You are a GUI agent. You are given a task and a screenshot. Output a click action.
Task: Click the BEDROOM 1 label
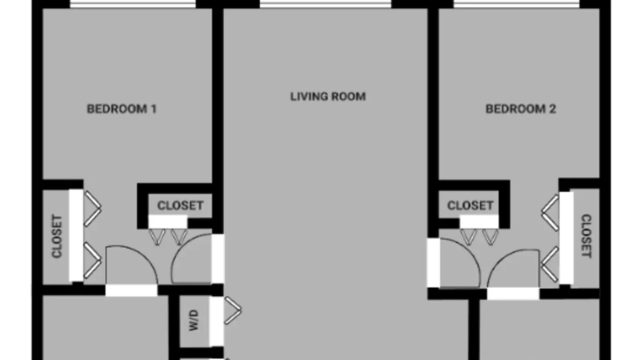[122, 109]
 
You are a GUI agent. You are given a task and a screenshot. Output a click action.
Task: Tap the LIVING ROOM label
[328, 96]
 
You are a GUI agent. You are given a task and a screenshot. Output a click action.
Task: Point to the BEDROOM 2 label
[521, 109]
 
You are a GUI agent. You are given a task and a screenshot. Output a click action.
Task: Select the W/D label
[194, 320]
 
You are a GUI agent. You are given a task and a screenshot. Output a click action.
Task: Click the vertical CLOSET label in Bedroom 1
[57, 236]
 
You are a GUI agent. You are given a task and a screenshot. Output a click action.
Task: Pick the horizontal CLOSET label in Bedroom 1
[180, 206]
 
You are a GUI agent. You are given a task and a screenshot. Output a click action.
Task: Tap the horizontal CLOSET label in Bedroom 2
[470, 206]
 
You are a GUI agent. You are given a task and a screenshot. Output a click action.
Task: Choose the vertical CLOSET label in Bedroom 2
[586, 236]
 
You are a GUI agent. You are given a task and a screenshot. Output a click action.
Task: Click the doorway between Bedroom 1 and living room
[218, 259]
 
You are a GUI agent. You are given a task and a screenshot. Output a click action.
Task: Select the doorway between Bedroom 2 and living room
[434, 262]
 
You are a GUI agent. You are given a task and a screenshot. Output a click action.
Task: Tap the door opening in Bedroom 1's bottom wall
[132, 290]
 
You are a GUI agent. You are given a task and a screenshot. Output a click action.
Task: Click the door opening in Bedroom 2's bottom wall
[513, 294]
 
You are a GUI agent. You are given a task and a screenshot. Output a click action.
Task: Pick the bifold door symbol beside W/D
[233, 310]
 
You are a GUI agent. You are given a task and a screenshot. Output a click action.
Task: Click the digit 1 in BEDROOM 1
[154, 109]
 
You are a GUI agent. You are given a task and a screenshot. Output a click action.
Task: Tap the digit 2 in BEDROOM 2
[553, 109]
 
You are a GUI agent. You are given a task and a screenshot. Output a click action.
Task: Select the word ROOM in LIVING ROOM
[348, 96]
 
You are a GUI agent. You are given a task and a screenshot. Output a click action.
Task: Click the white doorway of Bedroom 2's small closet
[479, 222]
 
